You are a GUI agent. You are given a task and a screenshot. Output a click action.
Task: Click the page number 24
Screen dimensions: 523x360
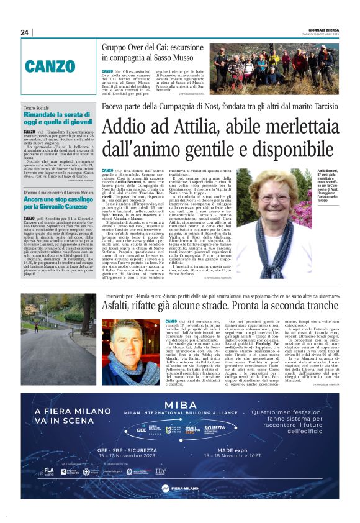(x=25, y=32)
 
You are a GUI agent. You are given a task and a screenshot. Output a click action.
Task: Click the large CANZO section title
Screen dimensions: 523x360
(x=50, y=66)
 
